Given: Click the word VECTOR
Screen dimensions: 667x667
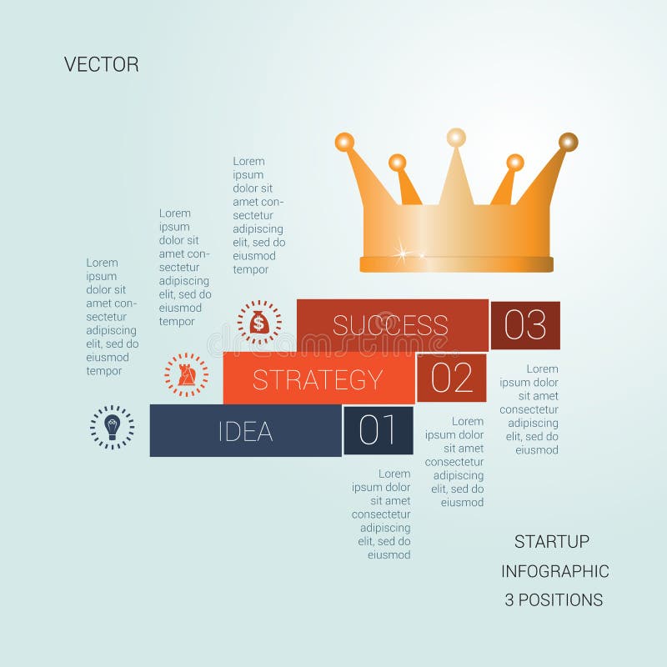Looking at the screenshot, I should [101, 64].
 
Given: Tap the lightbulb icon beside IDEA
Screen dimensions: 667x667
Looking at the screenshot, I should [112, 427].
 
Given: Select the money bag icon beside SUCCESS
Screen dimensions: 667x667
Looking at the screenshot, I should [259, 322].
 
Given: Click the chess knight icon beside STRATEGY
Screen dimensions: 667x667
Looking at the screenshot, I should [187, 374].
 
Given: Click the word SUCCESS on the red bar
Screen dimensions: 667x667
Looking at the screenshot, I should [390, 325].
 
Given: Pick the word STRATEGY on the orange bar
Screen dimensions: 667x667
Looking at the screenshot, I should [318, 380].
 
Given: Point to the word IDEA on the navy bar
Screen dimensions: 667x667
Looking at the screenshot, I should [245, 432].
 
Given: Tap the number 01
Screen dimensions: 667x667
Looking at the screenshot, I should [378, 431].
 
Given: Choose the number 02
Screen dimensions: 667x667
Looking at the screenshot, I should [451, 379].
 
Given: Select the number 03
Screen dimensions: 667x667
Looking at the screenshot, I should [525, 325].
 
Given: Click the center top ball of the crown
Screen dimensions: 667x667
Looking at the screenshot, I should [456, 137].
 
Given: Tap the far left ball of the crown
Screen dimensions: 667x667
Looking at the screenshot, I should [344, 142].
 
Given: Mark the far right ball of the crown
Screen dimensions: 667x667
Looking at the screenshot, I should [568, 142].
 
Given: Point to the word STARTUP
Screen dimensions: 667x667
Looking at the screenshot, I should [551, 542].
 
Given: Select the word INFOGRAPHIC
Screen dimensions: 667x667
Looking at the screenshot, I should [554, 571].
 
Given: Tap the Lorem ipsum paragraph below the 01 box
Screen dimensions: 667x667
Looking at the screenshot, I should [382, 514].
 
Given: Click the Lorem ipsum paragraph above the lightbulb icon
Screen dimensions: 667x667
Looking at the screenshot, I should [112, 317].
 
